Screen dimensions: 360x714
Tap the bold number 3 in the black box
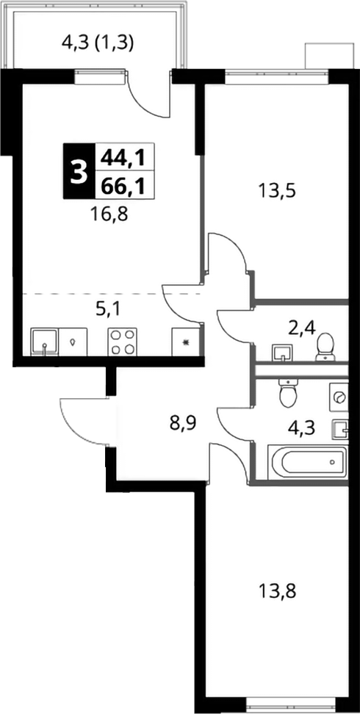(x=79, y=172)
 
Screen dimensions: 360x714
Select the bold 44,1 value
(x=122, y=158)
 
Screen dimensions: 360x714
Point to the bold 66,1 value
(x=123, y=186)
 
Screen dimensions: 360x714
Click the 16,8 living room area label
(x=109, y=213)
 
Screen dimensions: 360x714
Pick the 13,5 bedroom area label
(x=276, y=190)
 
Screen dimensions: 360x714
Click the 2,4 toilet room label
(x=302, y=327)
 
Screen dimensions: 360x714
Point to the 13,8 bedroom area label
(x=277, y=592)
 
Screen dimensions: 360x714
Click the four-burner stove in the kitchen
(x=122, y=342)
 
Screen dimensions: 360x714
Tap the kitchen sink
(x=44, y=342)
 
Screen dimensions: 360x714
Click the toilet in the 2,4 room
(x=325, y=347)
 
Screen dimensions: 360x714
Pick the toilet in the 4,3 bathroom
(x=287, y=392)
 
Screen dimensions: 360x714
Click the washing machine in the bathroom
(x=339, y=397)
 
